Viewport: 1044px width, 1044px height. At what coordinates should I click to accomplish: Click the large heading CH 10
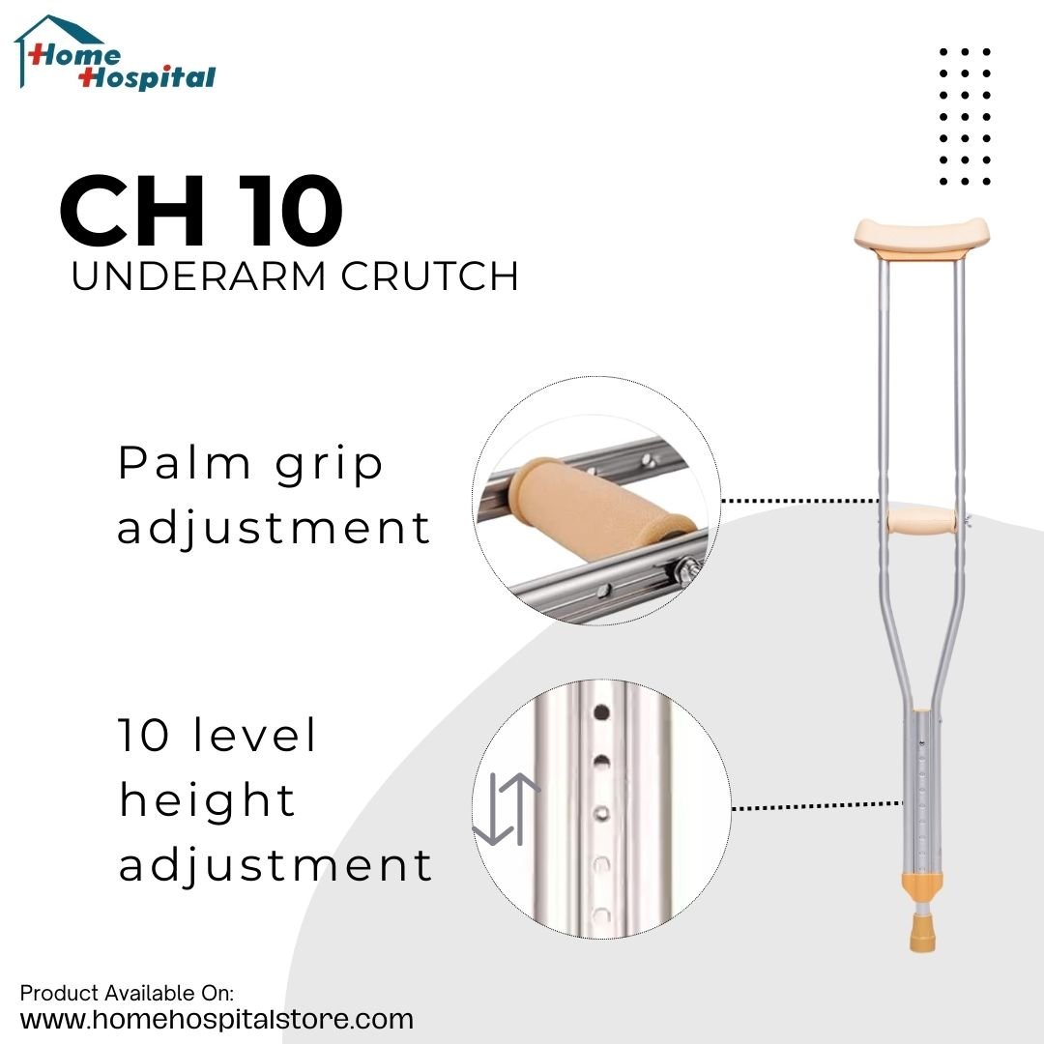click(x=201, y=212)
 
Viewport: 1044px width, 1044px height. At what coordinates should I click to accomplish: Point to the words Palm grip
click(x=250, y=465)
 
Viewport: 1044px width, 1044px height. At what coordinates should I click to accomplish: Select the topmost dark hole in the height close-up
click(x=600, y=713)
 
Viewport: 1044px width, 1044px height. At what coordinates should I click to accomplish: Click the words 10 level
click(x=217, y=737)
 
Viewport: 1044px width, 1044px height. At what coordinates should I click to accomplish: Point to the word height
click(x=207, y=801)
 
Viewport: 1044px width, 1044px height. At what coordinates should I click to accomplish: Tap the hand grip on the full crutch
click(x=921, y=522)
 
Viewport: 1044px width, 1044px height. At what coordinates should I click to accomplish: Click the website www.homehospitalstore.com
click(x=217, y=1019)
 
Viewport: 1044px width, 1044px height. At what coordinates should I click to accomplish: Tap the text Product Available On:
click(x=128, y=993)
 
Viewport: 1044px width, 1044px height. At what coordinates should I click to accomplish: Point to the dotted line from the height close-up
click(x=817, y=804)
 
